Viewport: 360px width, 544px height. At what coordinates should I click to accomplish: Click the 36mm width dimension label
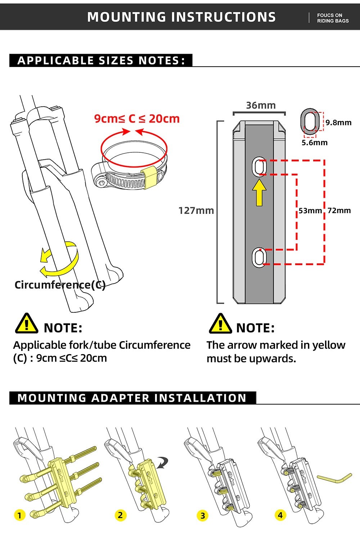(261, 106)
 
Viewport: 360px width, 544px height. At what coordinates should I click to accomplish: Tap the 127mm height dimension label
(196, 210)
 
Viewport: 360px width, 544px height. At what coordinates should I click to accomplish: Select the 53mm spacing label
(310, 211)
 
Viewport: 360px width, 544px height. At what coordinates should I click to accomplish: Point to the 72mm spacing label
(339, 211)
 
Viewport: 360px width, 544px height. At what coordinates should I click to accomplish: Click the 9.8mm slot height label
(338, 123)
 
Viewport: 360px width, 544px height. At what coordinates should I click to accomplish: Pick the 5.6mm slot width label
(314, 143)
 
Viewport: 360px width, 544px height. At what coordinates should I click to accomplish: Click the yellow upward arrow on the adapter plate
(259, 193)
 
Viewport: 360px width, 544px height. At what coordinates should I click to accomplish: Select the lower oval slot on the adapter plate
(258, 257)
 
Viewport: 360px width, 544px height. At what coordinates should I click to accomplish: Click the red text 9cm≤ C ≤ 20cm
(137, 119)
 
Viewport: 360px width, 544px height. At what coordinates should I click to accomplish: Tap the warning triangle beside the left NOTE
(26, 324)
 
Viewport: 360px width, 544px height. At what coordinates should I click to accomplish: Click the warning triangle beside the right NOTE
(220, 324)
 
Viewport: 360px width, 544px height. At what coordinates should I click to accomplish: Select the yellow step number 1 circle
(20, 515)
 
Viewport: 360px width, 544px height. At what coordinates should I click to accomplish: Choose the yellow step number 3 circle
(203, 516)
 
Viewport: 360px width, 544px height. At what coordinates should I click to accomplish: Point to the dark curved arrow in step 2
(165, 463)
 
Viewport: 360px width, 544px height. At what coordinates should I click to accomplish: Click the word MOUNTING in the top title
(126, 17)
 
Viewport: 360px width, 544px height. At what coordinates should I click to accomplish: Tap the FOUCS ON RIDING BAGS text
(333, 18)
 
